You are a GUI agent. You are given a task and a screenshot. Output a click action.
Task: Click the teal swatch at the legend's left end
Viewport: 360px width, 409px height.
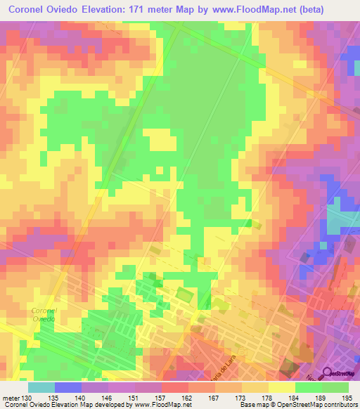click(41, 387)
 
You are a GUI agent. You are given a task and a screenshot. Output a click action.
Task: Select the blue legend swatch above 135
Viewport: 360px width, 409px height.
click(68, 387)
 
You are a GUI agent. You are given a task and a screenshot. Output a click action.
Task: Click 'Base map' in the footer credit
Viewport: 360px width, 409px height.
click(255, 405)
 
